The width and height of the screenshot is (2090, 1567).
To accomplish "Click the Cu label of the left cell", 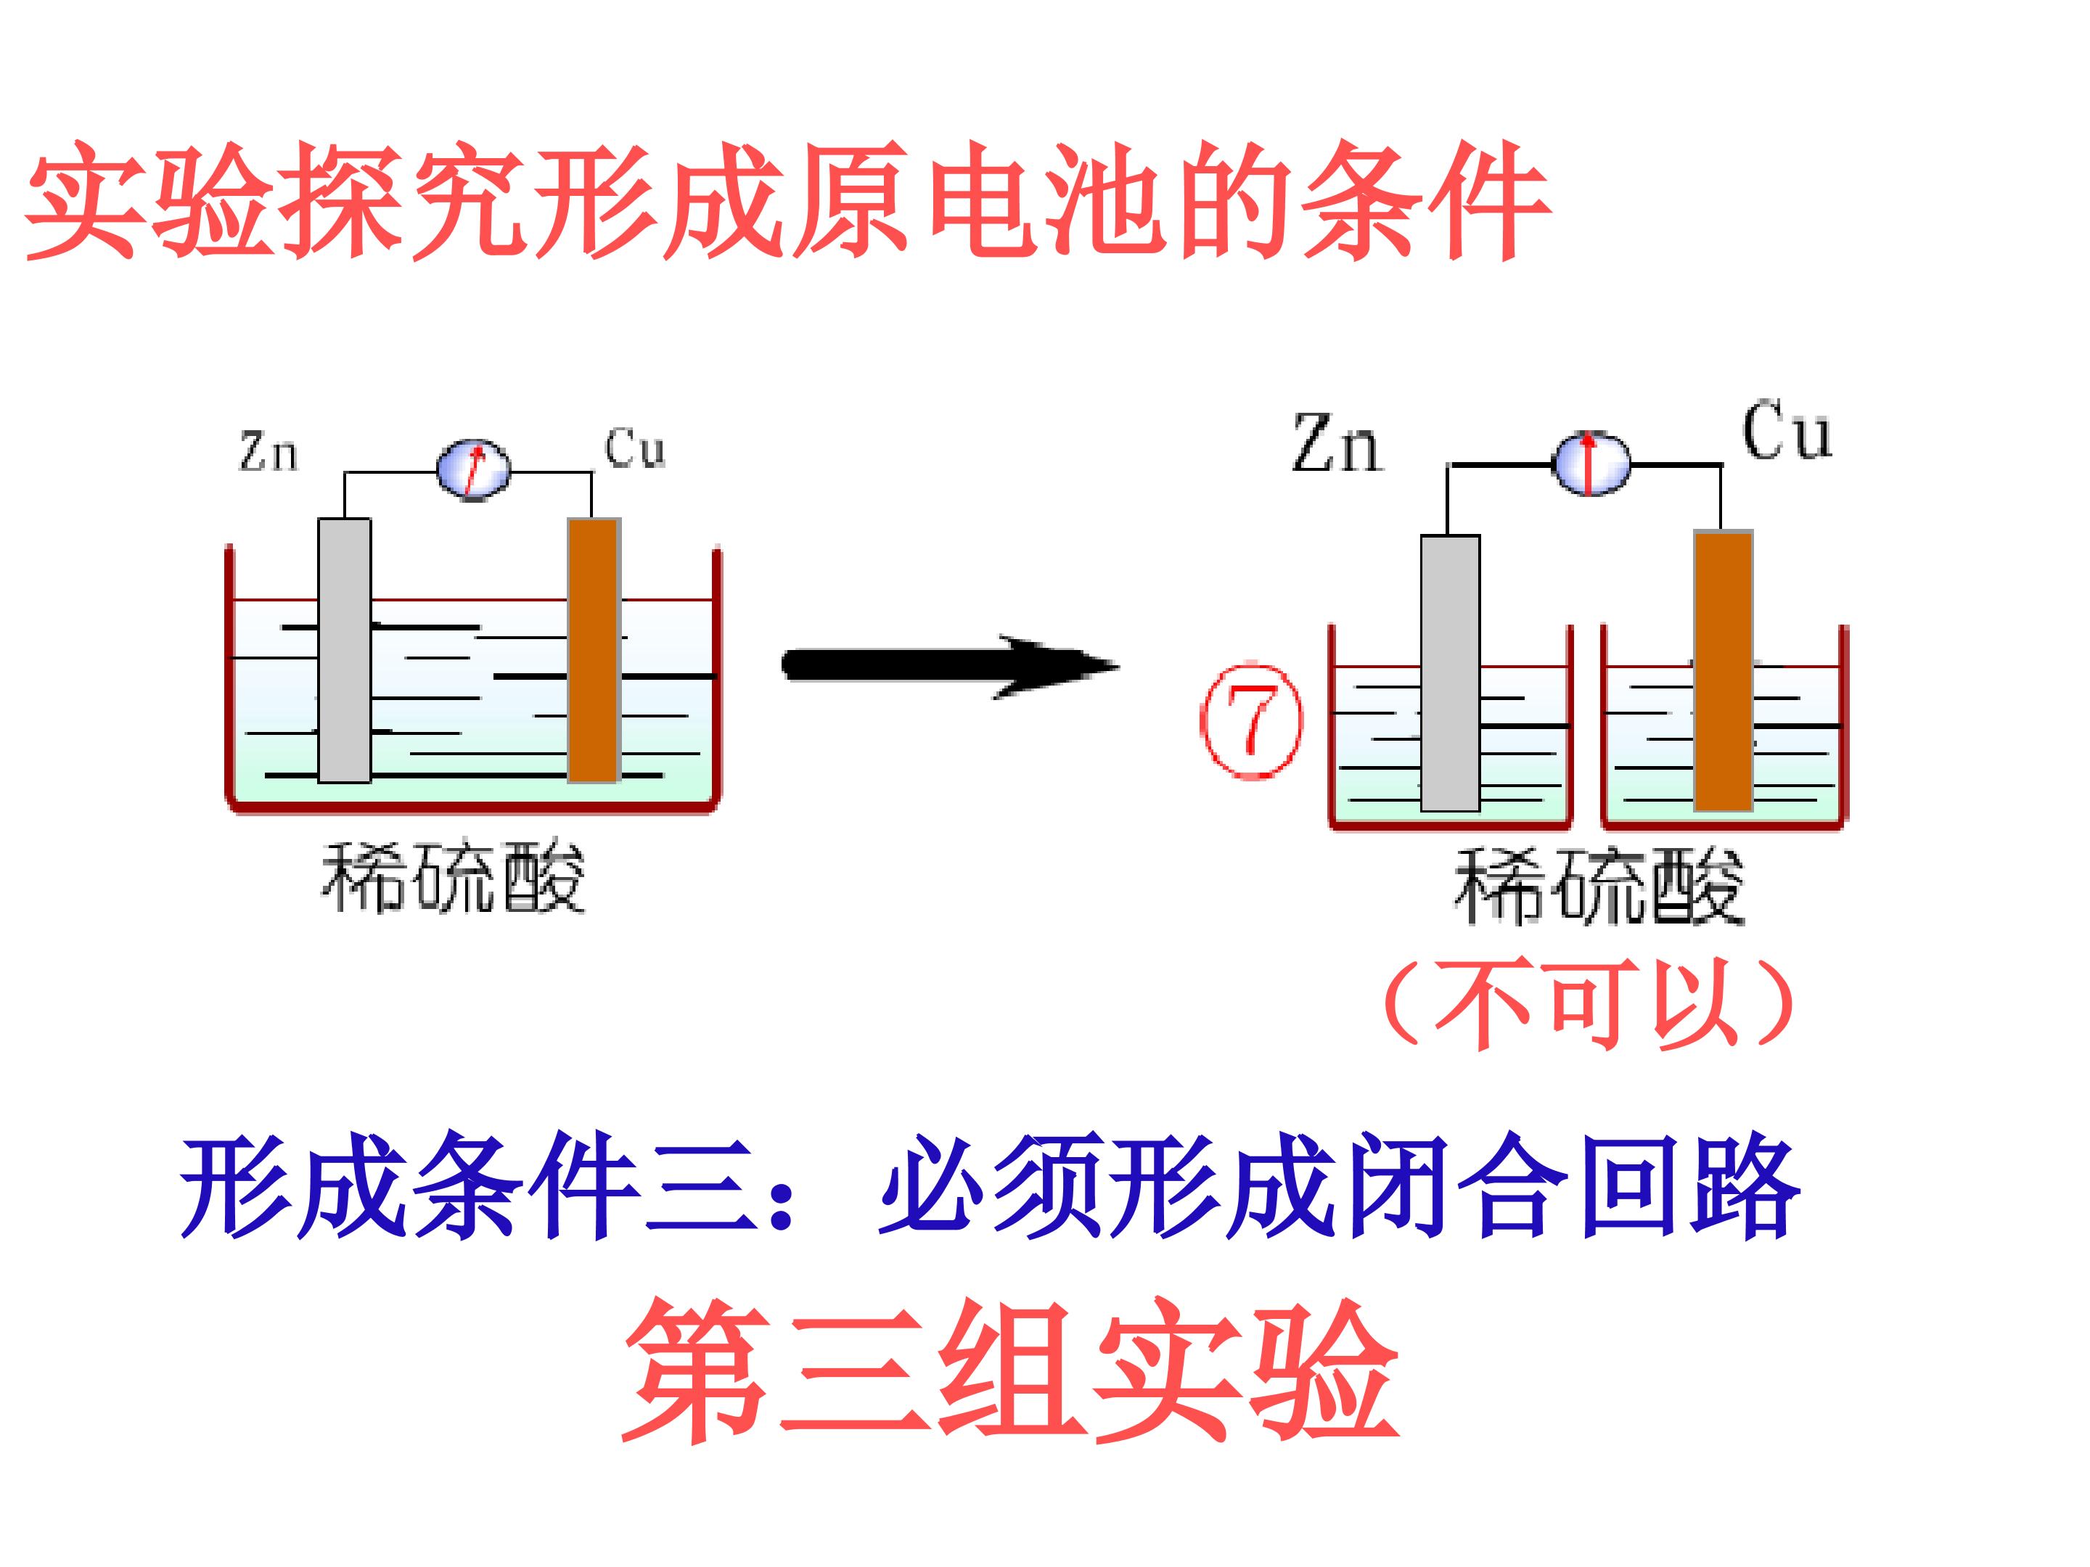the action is coord(635,448).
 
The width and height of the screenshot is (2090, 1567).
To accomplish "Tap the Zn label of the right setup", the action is coord(1336,443).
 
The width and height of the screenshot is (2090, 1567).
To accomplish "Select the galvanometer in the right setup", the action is coord(1591,463).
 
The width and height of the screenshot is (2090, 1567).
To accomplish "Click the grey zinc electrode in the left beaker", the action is coord(344,650).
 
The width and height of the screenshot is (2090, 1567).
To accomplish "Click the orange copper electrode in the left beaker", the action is coord(594,650).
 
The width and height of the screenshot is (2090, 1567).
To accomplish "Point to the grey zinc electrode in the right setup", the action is coord(1451,673).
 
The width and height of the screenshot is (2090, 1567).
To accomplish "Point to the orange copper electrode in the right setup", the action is coord(1724,670).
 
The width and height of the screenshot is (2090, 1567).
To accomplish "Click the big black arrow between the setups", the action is coord(949,666).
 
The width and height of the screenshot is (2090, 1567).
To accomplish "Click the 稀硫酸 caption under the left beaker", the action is coord(454,878).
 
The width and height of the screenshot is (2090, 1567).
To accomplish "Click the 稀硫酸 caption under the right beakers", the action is coord(1599,885).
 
